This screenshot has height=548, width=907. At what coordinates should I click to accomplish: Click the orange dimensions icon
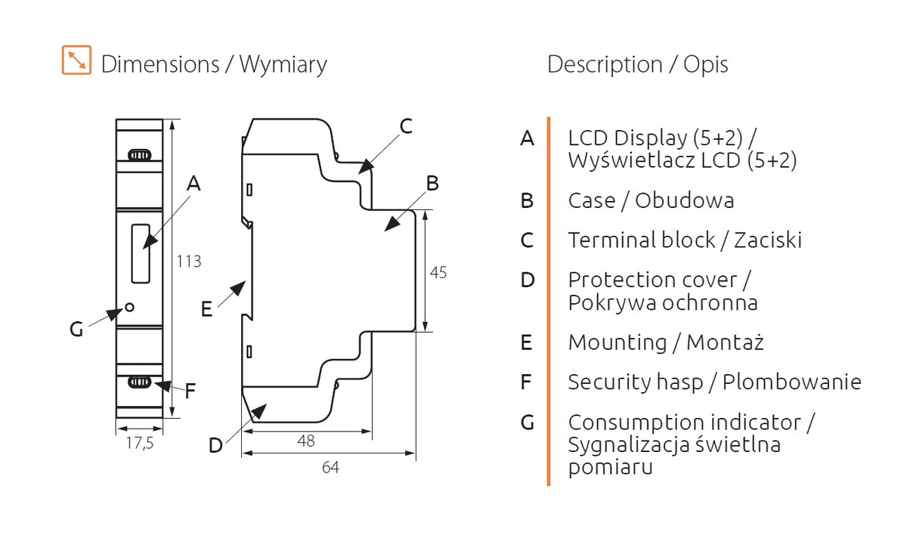76,60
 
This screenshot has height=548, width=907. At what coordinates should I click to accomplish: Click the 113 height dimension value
189,262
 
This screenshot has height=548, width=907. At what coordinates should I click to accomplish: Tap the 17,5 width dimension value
140,443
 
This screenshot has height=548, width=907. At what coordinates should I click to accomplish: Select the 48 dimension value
305,441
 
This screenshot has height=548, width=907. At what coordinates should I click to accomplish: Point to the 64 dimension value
330,467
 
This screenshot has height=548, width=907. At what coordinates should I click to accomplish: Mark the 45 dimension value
438,273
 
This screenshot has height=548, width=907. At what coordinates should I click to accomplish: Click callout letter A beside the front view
193,184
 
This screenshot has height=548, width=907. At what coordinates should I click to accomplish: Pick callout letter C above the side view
406,126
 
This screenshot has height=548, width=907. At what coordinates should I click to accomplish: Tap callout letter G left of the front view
76,330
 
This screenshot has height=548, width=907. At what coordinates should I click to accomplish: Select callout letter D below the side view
215,445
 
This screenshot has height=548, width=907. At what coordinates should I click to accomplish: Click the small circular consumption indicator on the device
129,308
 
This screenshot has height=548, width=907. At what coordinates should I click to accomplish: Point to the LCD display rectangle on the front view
141,253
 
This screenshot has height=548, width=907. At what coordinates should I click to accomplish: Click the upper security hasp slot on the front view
140,155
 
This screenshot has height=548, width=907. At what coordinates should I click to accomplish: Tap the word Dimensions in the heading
160,64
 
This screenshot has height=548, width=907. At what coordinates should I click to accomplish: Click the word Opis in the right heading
706,65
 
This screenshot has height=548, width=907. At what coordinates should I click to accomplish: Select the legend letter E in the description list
526,342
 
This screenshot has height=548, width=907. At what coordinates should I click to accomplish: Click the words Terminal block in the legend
642,240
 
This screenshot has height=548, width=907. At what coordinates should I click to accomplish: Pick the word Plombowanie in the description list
792,382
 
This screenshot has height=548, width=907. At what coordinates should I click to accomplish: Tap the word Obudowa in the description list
684,200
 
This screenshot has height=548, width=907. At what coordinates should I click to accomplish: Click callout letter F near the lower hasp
190,392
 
